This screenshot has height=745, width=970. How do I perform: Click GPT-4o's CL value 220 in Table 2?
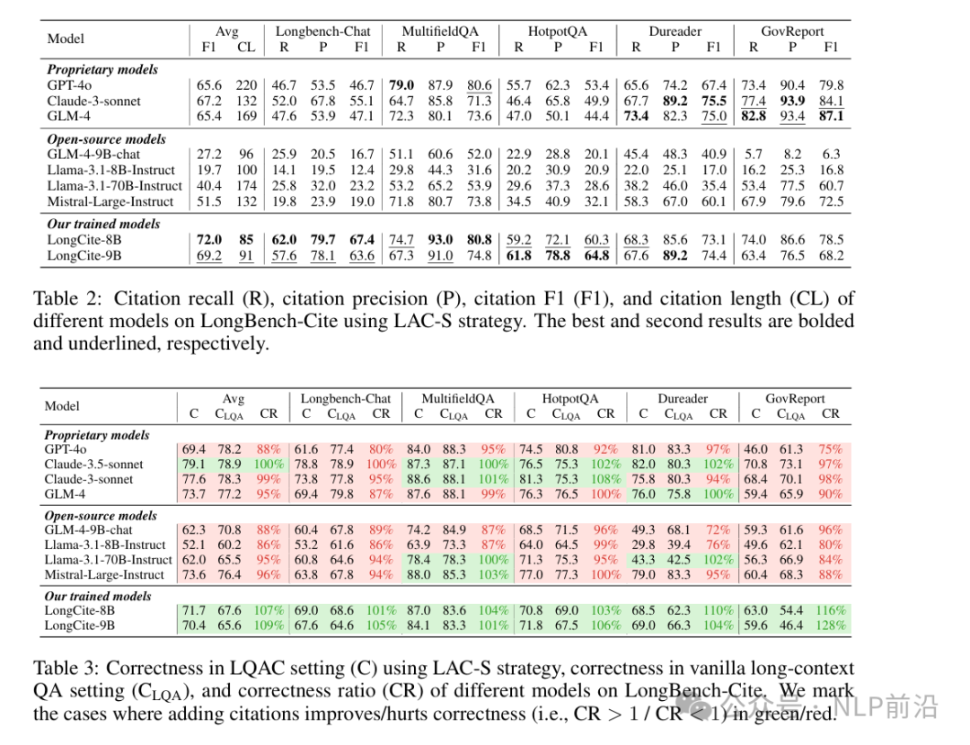(x=246, y=85)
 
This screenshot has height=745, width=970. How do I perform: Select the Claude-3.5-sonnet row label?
(x=93, y=464)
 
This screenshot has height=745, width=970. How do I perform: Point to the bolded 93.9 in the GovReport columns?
(x=792, y=101)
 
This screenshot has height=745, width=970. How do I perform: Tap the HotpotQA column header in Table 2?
(x=558, y=31)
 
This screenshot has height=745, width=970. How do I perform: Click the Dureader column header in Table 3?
(x=683, y=398)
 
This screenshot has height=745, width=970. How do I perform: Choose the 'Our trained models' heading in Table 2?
(x=103, y=224)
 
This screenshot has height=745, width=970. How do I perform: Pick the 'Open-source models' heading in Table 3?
(x=101, y=516)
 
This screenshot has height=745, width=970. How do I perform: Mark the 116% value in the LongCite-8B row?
(x=830, y=611)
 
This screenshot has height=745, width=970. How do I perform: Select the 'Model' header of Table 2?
(x=66, y=39)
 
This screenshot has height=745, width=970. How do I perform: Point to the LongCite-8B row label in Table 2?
(x=84, y=240)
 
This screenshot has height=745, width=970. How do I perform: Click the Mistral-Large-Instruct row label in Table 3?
(x=104, y=575)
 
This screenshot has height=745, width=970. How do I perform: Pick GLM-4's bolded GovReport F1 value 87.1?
(x=831, y=116)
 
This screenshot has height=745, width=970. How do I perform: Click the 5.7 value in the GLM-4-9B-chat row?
(x=754, y=154)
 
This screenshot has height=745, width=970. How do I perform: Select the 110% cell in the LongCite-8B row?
(x=718, y=611)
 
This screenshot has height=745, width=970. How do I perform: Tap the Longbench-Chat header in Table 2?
(x=323, y=31)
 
